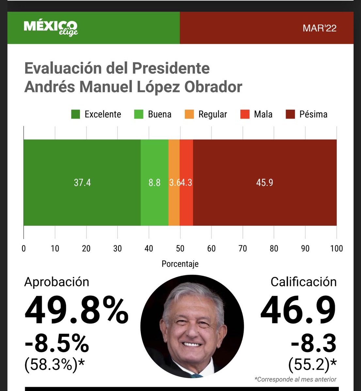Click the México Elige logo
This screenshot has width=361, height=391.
(x=51, y=27)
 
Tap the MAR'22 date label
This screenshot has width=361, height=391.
(x=319, y=28)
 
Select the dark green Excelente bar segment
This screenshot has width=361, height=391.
(x=82, y=182)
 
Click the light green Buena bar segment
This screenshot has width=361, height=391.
(x=154, y=182)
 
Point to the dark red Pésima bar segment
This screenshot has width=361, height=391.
(x=264, y=182)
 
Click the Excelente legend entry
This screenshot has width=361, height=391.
(x=96, y=114)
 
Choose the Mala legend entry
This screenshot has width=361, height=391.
(x=256, y=114)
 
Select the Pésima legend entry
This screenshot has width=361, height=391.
(x=306, y=114)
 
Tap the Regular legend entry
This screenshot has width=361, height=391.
(x=206, y=114)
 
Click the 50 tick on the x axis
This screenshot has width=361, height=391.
(x=180, y=249)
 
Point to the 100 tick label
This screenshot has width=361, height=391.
(x=336, y=249)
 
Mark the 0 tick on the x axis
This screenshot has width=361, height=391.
(x=24, y=249)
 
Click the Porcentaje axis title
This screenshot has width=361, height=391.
(x=180, y=264)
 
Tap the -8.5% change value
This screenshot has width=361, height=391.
(x=57, y=344)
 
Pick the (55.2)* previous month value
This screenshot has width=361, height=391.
(x=312, y=365)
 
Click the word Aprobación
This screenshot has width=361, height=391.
(x=57, y=282)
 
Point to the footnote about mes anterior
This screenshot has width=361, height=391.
(x=295, y=379)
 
